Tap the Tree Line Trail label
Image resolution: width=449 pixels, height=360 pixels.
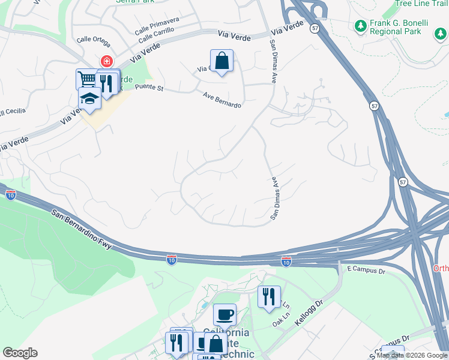(421, 4)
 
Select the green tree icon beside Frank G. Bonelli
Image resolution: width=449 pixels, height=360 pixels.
(361, 26)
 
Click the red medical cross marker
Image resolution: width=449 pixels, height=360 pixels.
(107, 61)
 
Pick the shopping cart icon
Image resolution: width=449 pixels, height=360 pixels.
(86, 79)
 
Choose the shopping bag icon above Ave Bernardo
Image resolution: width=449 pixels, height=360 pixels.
(221, 61)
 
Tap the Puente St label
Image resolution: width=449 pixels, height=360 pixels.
(149, 88)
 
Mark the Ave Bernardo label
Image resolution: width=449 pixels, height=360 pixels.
(222, 100)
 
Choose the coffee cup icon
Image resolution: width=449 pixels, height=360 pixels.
(224, 314)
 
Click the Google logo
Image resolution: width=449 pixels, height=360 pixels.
(20, 353)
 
